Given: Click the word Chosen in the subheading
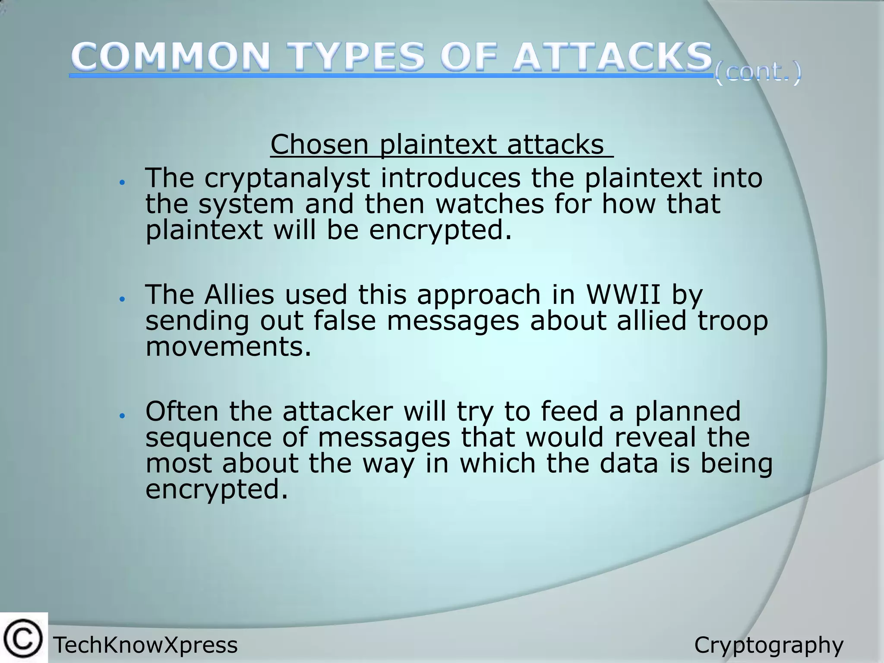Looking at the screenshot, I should [319, 144].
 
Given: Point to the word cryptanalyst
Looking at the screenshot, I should [287, 178].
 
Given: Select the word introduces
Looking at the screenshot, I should [450, 178].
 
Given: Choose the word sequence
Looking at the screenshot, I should [208, 437].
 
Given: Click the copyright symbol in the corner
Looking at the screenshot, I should [23, 638].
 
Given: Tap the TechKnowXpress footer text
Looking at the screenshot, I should [145, 645].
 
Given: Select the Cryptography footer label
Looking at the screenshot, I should [768, 645].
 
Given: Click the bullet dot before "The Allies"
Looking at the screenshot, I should [123, 299].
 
